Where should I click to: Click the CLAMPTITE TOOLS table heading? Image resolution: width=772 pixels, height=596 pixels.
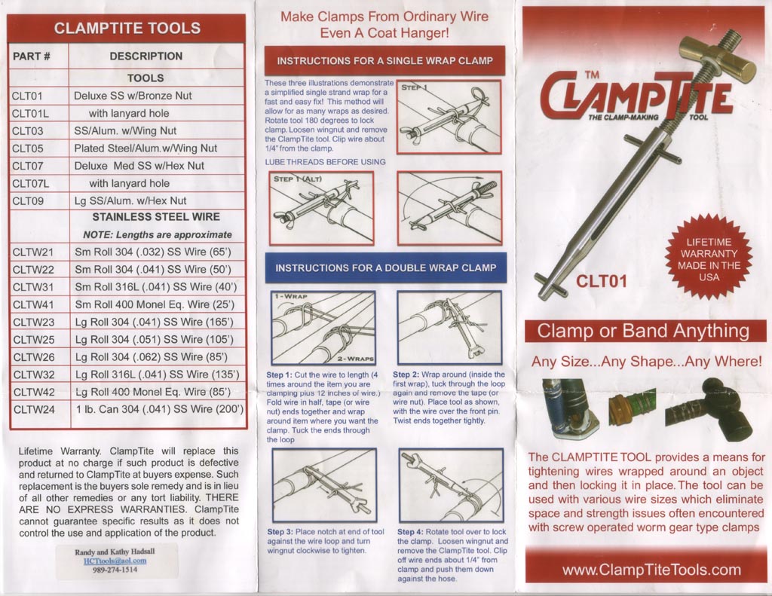(x=127, y=29)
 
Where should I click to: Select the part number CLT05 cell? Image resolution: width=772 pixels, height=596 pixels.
(x=28, y=148)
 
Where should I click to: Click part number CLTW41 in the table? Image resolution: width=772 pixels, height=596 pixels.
(x=33, y=304)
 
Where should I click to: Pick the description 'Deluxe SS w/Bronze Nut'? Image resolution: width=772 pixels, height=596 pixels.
(x=133, y=96)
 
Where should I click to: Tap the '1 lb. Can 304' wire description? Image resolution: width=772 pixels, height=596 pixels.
(x=158, y=409)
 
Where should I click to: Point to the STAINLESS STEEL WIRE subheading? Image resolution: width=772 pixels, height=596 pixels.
(x=156, y=217)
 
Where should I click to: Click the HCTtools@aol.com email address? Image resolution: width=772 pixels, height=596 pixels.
(x=115, y=561)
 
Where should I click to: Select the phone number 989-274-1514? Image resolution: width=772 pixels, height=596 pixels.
(x=115, y=570)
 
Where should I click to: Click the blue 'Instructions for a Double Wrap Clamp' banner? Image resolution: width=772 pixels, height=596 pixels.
(x=385, y=267)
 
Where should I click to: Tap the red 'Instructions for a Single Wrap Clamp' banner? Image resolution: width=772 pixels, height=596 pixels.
(x=384, y=60)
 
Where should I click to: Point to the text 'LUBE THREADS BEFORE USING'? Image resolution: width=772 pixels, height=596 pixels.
(x=326, y=162)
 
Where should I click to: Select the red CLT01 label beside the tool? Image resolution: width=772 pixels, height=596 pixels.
(x=602, y=282)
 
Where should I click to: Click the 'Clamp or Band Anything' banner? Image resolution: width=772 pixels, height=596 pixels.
(x=643, y=331)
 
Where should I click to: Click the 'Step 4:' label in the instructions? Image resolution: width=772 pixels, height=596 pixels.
(x=414, y=532)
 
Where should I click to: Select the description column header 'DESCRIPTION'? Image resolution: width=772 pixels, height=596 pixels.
(x=146, y=56)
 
